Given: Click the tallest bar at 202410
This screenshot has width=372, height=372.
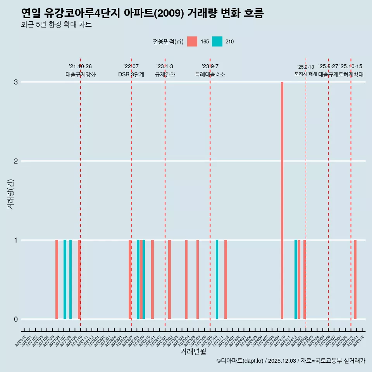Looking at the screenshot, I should point(282,200).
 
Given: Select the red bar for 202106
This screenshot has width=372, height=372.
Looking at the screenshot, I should point(57,279).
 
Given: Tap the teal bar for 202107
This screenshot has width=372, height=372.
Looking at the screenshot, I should point(65,279).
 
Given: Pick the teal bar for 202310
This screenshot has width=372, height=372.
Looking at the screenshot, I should point(217,279).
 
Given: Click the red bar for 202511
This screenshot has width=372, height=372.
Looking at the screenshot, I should point(355,279).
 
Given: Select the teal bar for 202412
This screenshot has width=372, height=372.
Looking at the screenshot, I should point(296,279).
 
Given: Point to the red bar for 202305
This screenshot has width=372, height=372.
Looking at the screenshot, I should point(186,279).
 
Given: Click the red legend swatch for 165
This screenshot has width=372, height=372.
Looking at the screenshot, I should point(192,41).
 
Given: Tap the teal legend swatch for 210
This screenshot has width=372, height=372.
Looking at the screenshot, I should point(217,41).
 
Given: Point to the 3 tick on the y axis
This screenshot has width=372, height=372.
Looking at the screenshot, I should point(16,82).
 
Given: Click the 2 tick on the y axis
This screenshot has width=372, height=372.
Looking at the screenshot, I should point(16,161).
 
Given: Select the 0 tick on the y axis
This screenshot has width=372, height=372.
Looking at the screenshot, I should point(16,319).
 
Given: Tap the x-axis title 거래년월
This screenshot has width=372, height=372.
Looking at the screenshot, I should point(193,351).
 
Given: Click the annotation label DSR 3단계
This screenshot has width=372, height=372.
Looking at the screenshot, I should point(131,74).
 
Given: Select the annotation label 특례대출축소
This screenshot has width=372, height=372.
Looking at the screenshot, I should point(210,74).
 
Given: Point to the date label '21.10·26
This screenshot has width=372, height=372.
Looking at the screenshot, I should point(80,66).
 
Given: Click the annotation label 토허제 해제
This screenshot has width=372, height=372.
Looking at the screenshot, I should point(306,74).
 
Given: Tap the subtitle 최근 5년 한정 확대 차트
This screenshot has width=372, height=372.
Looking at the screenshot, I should point(57,25).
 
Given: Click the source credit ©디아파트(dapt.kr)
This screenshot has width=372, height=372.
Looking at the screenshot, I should point(240,361).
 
